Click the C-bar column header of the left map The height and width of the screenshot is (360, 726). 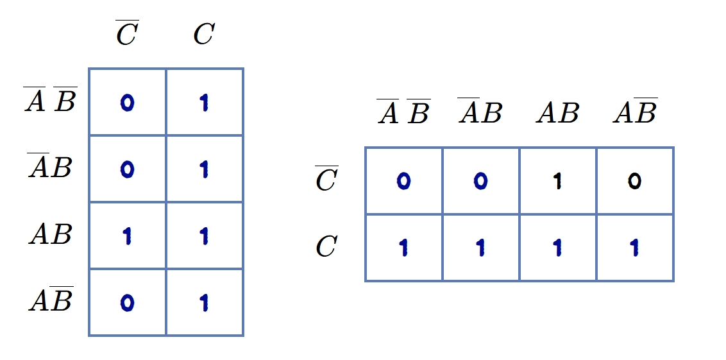coord(128,33)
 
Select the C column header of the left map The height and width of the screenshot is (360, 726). coord(204,34)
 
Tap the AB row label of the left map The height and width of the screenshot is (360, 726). coord(51,234)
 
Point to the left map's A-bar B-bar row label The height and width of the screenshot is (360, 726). coord(51,99)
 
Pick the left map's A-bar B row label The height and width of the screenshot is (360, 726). coord(50,166)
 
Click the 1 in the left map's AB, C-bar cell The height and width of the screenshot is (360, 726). coord(128,236)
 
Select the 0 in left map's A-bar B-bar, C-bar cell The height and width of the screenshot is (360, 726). coord(128,103)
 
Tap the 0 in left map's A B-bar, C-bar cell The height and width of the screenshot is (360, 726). coord(128,303)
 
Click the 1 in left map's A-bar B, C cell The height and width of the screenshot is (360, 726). coord(204,169)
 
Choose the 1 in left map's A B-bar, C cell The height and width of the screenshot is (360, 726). coord(204,303)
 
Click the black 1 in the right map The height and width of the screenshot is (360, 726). coord(558,181)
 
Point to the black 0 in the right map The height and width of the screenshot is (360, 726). coord(635,181)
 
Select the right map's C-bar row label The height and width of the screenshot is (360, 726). coord(327,178)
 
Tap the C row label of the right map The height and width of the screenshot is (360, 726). coord(327,246)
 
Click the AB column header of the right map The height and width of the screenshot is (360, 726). coord(558,112)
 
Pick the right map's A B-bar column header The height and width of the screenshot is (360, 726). coord(635,111)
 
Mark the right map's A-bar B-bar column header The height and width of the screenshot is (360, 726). coord(404,111)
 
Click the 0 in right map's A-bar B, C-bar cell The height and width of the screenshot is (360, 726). coord(480,181)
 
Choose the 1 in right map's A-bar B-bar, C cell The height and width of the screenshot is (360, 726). coord(404,248)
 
